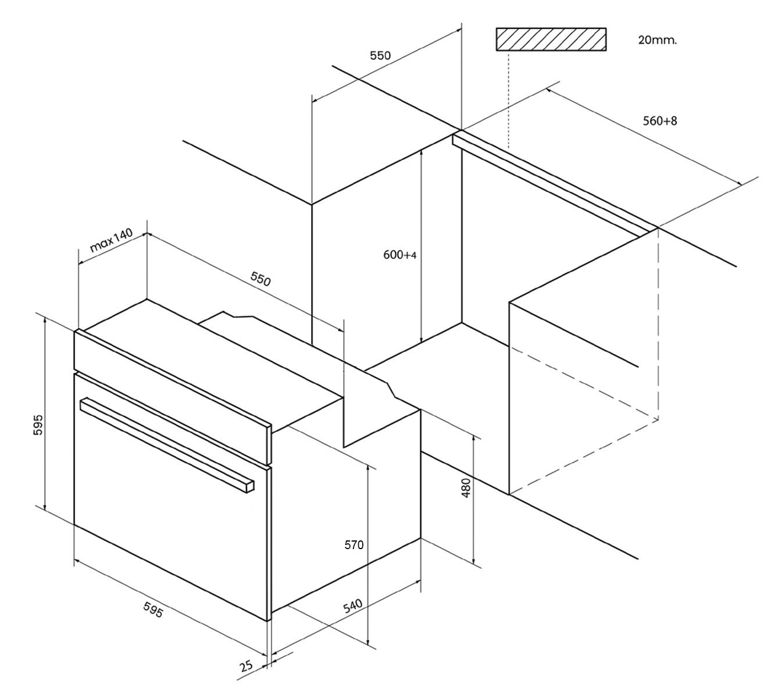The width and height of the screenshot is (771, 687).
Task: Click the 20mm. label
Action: pos(657,40)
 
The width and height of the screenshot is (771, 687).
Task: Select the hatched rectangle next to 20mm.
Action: pos(551,40)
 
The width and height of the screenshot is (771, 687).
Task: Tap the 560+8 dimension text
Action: pos(659,121)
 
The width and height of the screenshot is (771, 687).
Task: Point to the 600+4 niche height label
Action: pos(400,255)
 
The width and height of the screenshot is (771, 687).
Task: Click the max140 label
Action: pos(111,240)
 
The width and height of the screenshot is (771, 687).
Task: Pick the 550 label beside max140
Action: pos(260,279)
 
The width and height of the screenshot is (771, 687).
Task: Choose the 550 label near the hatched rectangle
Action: pos(380,56)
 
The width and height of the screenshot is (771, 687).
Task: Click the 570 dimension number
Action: pos(354,545)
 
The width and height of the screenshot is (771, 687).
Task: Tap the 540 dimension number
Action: pos(353,606)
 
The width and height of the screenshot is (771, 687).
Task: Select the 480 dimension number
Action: pos(466,488)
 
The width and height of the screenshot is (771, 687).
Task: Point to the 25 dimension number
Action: pos(247,666)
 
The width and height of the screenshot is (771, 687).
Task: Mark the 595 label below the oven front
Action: pos(153,610)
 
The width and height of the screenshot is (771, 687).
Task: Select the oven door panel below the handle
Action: pos(169,524)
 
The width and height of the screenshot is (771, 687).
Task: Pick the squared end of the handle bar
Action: pos(249,485)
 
